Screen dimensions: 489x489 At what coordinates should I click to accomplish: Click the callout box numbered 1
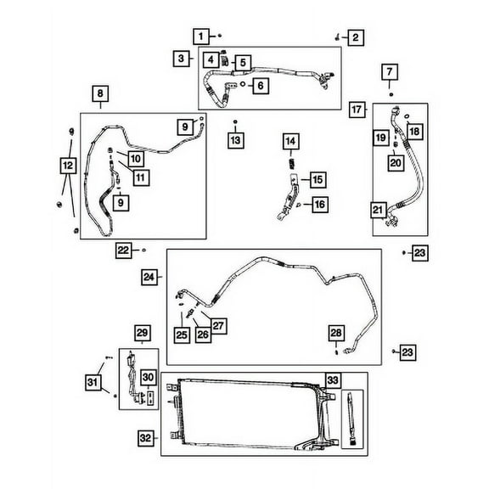click(201, 36)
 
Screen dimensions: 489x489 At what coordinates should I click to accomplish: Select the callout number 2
click(355, 37)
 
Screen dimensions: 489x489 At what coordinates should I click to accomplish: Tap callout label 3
click(182, 58)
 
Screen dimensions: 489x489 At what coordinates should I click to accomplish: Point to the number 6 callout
click(260, 85)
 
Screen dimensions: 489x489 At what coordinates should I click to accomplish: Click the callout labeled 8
click(99, 93)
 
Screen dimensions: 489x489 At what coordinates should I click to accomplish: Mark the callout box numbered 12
click(67, 165)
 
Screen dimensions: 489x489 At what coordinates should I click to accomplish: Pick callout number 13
click(235, 139)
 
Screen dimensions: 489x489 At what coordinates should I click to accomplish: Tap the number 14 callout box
click(291, 140)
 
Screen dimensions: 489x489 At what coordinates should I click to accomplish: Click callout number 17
click(357, 110)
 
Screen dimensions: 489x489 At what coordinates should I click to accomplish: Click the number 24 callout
click(149, 277)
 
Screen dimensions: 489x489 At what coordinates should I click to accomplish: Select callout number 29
click(142, 332)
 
